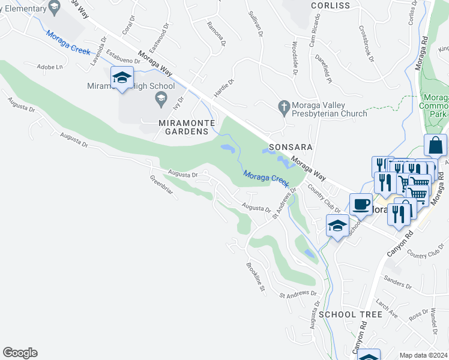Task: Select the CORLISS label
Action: point(330,5)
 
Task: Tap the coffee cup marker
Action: point(360,204)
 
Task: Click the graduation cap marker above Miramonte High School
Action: point(122,78)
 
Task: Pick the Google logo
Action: point(20,353)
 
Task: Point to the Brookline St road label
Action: point(256,277)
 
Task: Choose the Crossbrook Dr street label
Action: point(366,43)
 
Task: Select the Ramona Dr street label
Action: point(216,34)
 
